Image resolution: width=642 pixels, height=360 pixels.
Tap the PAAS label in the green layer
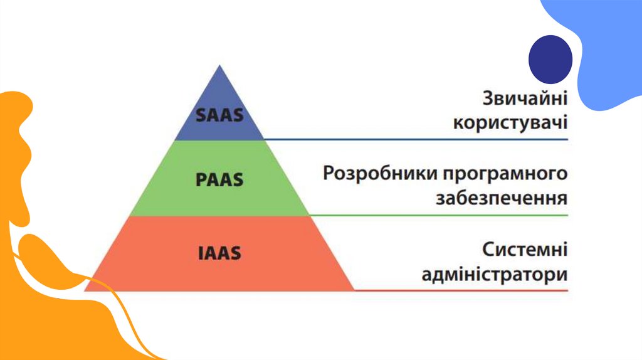219,179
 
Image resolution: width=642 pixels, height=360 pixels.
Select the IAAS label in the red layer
219,254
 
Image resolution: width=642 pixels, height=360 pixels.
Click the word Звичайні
525,100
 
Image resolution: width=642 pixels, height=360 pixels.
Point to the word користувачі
510,122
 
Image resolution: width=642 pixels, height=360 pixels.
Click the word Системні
525,250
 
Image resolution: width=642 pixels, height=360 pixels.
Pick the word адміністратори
495,275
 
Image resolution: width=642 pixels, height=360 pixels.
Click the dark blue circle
550,59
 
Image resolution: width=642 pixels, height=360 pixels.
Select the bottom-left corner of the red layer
85,290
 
